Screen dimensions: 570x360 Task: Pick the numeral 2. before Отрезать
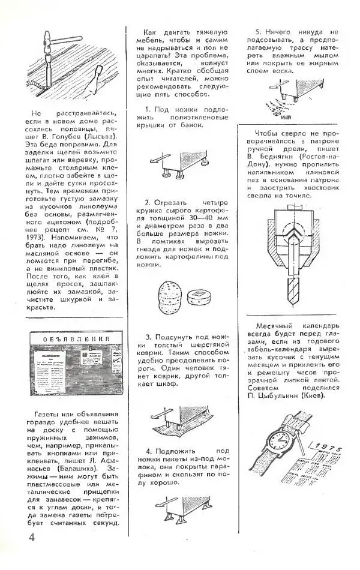(x=148, y=203)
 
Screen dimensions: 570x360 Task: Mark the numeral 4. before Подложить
(x=148, y=451)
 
